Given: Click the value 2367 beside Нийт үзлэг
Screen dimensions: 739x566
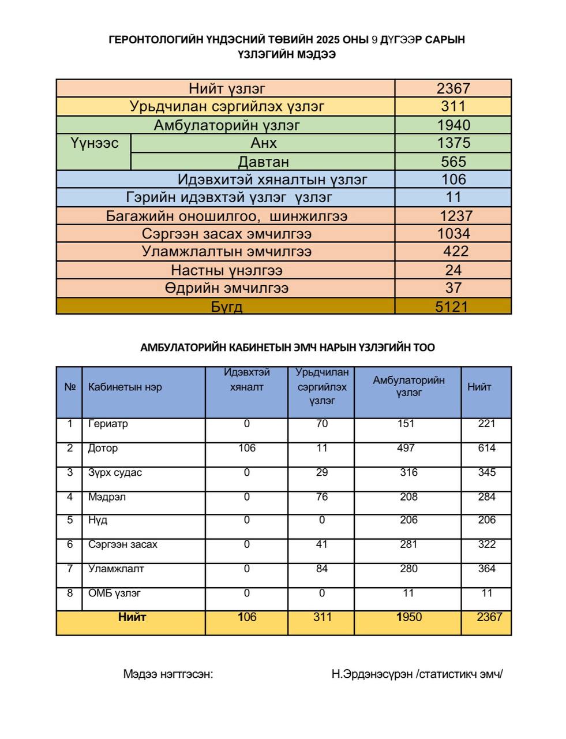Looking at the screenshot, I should pyautogui.click(x=453, y=88).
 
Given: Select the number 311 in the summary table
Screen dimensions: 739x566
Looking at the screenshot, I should pyautogui.click(x=453, y=106).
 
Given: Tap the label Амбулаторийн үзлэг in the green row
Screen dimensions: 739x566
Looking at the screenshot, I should pyautogui.click(x=227, y=125).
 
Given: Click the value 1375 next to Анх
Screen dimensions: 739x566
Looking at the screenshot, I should pyautogui.click(x=453, y=143).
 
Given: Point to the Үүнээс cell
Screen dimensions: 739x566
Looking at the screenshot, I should pyautogui.click(x=95, y=143).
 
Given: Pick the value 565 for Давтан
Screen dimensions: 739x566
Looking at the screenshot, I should pyautogui.click(x=453, y=161).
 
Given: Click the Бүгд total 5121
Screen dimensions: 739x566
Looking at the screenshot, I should pyautogui.click(x=452, y=306).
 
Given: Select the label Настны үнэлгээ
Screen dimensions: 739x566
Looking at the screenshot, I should pyautogui.click(x=227, y=270).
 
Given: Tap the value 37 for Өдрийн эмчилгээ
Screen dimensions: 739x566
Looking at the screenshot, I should pyautogui.click(x=453, y=288).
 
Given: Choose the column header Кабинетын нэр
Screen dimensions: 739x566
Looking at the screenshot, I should pyautogui.click(x=125, y=387).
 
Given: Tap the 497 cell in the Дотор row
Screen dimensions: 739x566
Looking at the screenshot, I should pyautogui.click(x=406, y=448).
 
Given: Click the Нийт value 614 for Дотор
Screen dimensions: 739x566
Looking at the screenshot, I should pyautogui.click(x=486, y=448).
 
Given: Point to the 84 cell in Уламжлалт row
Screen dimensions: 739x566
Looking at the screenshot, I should pyautogui.click(x=322, y=569).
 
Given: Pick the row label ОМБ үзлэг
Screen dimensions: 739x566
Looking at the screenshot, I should pyautogui.click(x=114, y=593).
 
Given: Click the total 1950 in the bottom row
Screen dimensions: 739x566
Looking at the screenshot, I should pyautogui.click(x=409, y=617).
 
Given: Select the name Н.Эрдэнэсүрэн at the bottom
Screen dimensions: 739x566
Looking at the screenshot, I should pyautogui.click(x=372, y=674).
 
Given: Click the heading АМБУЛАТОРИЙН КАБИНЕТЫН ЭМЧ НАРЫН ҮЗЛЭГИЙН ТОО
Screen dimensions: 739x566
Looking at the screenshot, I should pyautogui.click(x=287, y=348).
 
